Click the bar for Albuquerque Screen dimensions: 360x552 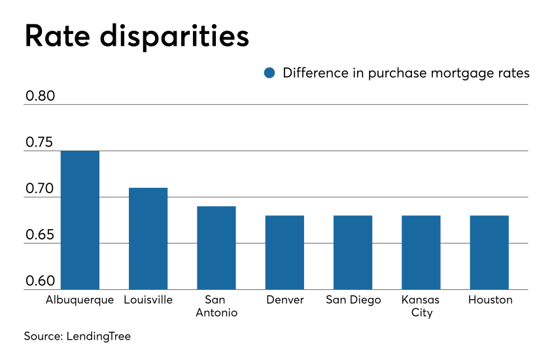click(80, 220)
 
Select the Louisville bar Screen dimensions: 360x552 click(148, 238)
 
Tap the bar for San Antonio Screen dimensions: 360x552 click(216, 247)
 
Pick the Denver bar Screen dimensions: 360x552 click(285, 252)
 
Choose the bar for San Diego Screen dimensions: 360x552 click(353, 252)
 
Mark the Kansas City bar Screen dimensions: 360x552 click(421, 252)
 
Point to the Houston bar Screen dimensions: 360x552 click(489, 252)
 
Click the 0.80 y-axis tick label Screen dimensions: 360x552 click(41, 96)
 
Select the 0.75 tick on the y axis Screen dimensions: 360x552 click(41, 143)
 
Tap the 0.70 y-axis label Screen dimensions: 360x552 click(41, 189)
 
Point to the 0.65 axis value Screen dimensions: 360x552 click(41, 235)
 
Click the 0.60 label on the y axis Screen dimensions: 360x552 click(41, 281)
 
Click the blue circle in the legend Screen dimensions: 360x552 click(269, 73)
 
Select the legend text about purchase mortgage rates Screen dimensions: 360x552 click(405, 73)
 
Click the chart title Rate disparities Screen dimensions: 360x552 click(137, 36)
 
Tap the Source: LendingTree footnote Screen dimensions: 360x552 click(77, 336)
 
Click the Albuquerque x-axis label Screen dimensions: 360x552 click(80, 300)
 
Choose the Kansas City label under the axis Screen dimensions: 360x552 click(421, 306)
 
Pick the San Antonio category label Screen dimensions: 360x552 click(216, 306)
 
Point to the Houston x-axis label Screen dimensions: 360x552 click(490, 300)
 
